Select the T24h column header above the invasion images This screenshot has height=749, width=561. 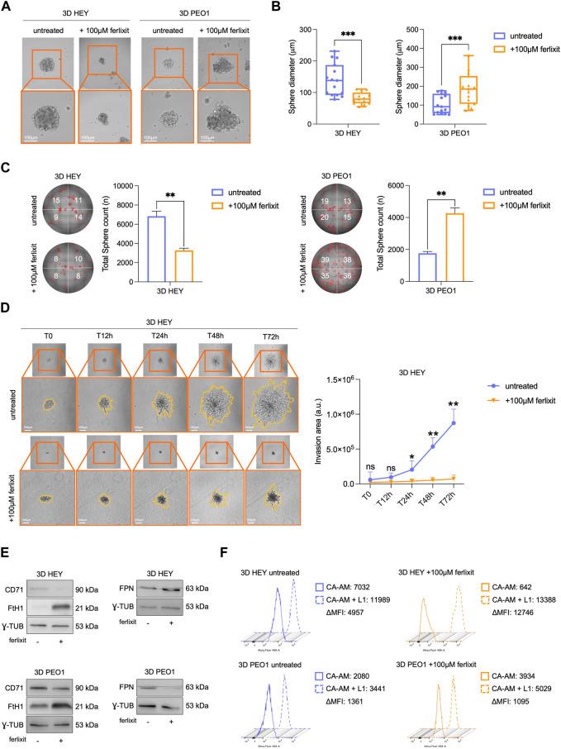tap(159, 336)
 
